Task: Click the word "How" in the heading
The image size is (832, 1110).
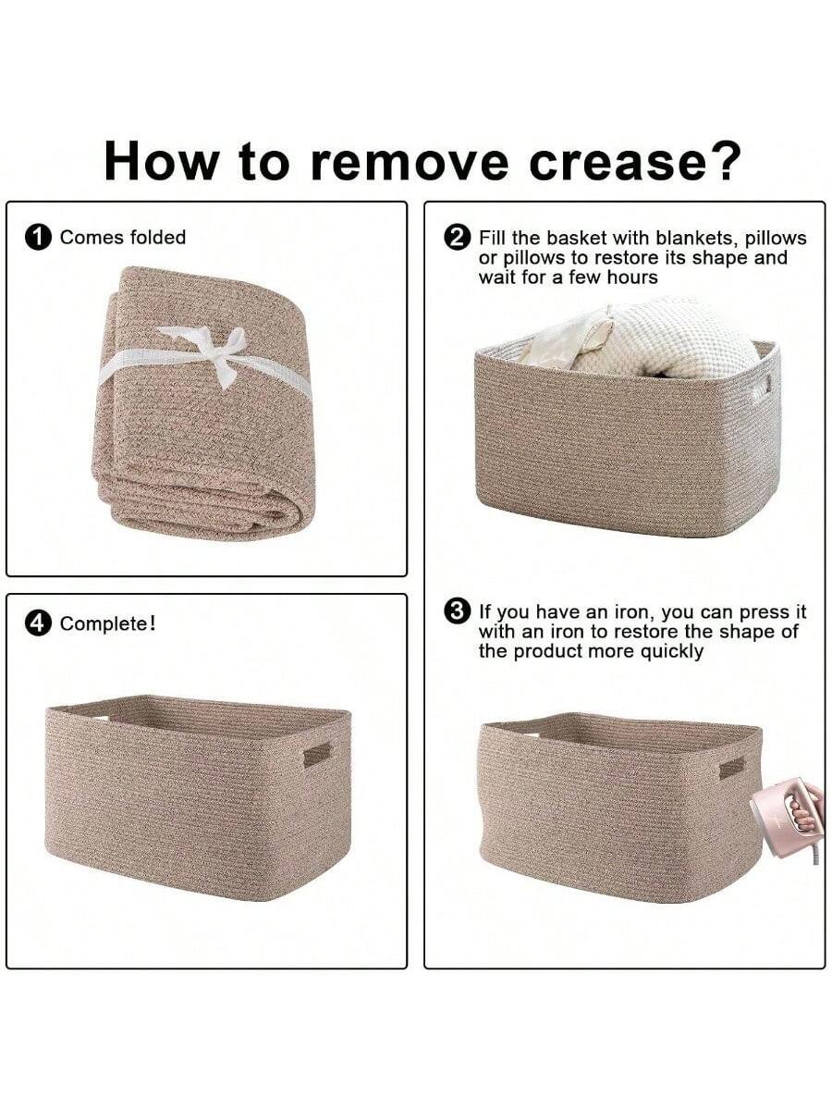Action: [x=163, y=161]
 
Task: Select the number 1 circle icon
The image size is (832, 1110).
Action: [x=38, y=238]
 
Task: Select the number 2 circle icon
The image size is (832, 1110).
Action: [x=457, y=238]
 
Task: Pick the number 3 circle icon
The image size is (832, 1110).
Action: [x=457, y=612]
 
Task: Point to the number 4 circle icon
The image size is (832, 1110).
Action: [x=38, y=624]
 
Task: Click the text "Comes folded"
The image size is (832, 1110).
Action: [x=122, y=238]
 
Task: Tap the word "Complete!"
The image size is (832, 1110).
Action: [x=107, y=624]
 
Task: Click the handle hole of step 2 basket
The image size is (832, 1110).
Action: [x=760, y=388]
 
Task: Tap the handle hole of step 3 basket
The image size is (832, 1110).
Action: [x=731, y=768]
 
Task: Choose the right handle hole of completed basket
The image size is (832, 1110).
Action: [x=317, y=754]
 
